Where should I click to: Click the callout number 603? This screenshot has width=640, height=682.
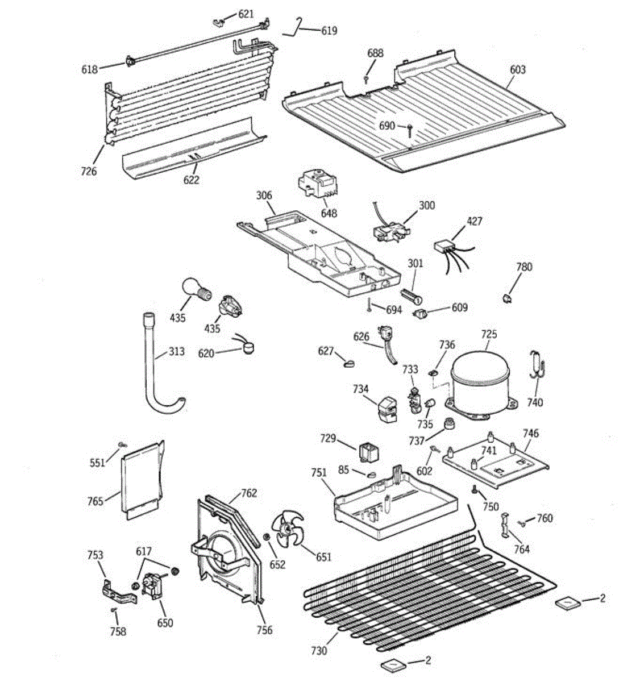(x=517, y=70)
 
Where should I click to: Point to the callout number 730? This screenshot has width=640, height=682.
(x=319, y=651)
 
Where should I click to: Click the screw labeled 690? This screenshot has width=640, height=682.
(x=409, y=128)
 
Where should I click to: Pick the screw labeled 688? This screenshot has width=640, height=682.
(x=368, y=78)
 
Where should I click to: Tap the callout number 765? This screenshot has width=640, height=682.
(x=95, y=501)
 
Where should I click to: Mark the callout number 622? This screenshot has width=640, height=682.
(x=192, y=180)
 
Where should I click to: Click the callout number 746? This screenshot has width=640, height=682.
(x=531, y=434)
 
